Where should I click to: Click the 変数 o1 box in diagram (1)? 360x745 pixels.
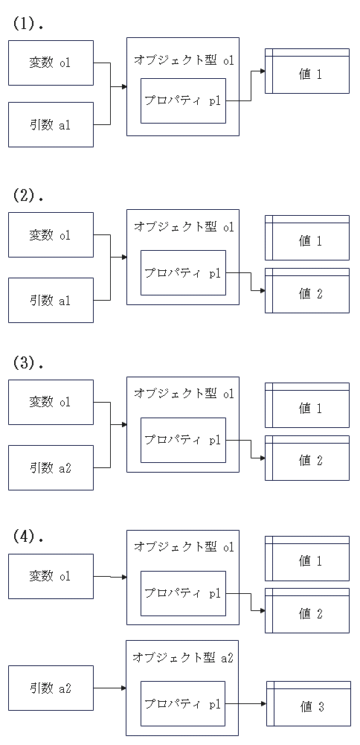51,63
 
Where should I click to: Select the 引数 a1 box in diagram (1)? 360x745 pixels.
51,124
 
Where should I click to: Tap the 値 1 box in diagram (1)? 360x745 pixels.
307,71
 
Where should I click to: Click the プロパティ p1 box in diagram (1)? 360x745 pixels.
183,100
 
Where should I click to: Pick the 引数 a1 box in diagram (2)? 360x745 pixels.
51,300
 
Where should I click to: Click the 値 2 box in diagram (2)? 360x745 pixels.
307,291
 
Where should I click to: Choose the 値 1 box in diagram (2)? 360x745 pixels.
307,237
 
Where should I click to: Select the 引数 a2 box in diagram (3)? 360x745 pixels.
51,467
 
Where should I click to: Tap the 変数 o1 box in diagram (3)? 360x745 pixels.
51,402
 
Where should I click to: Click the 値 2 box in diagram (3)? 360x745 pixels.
307,458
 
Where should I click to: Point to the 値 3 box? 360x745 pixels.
309,703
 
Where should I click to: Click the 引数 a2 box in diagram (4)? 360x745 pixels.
51,688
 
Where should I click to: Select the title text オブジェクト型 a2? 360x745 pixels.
183,658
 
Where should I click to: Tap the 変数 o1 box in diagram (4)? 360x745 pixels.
51,576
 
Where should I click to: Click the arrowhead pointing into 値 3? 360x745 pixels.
263,703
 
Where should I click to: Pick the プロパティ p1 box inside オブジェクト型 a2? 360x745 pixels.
183,703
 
